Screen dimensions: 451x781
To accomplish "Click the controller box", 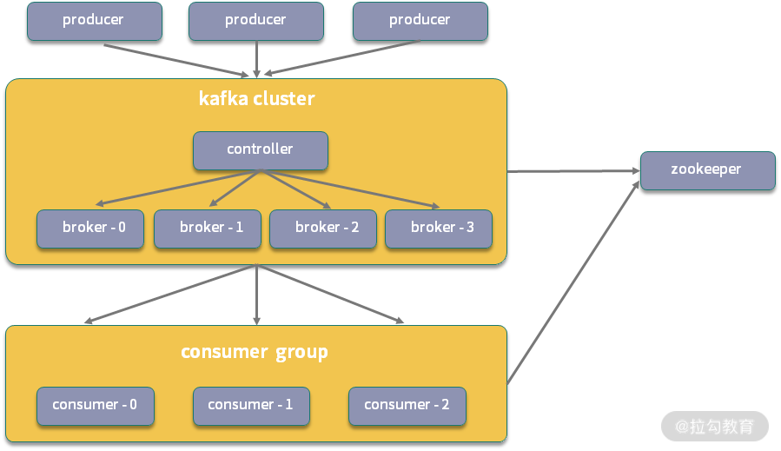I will [x=260, y=149].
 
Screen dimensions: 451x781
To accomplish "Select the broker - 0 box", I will [x=90, y=228].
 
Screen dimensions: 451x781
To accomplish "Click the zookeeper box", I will [x=707, y=169].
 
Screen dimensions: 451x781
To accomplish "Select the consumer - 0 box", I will [x=95, y=405].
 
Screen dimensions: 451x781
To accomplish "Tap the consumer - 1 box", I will [x=250, y=405].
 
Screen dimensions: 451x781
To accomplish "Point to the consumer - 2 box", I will [x=407, y=405].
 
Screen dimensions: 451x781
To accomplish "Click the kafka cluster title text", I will [x=256, y=99].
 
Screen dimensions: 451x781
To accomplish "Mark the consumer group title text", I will [x=255, y=352].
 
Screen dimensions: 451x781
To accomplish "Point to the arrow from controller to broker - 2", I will [x=295, y=189].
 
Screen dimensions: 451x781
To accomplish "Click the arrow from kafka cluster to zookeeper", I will [x=573, y=171].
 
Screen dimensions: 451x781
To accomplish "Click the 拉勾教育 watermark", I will [x=715, y=427].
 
